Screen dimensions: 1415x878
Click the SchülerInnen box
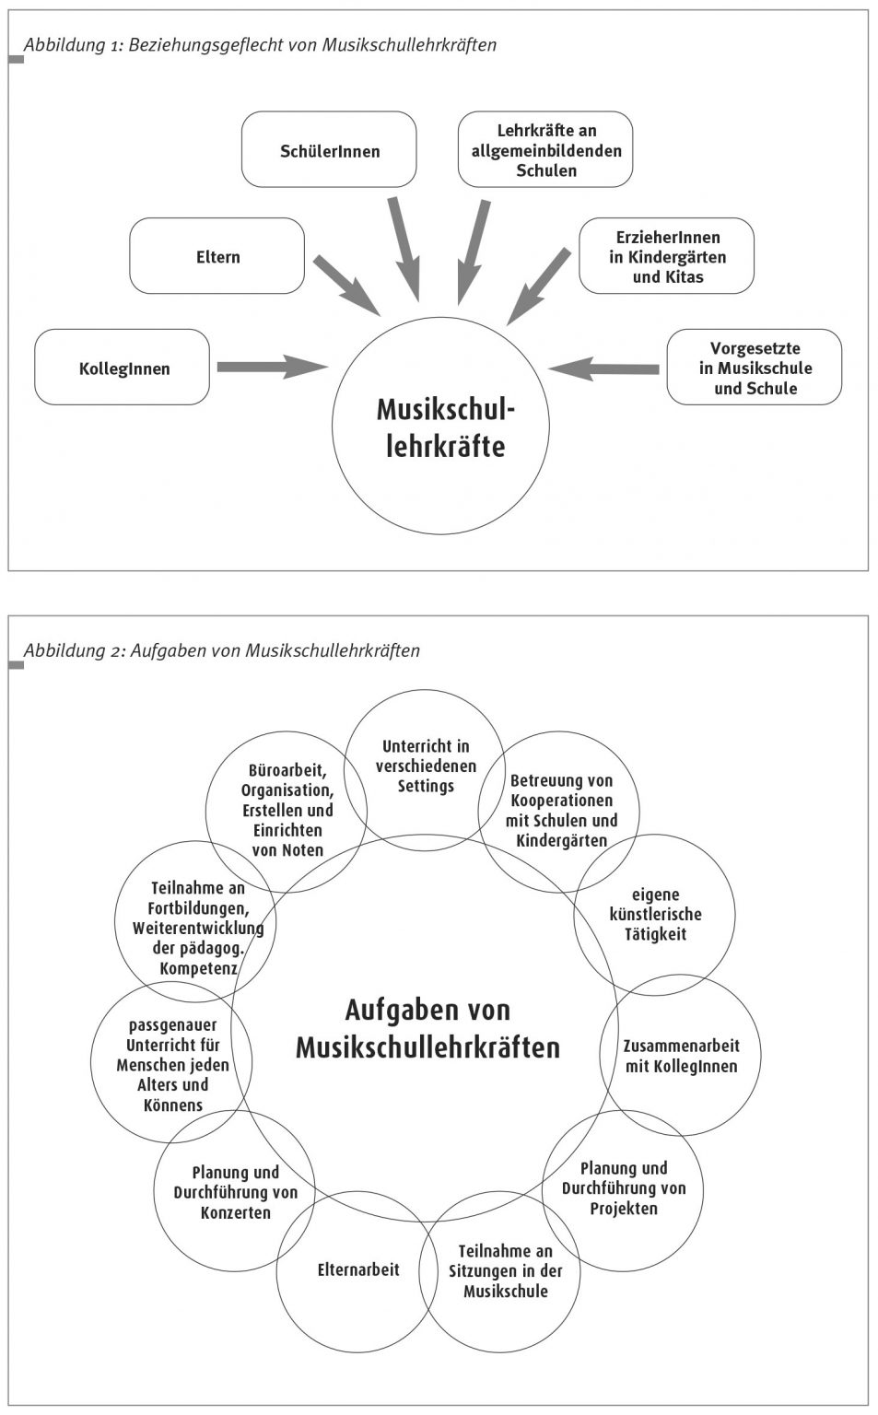329,150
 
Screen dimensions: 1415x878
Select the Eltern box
217,256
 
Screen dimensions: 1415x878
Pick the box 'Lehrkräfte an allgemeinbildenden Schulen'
545,150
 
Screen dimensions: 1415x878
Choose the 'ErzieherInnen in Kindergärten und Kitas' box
666,256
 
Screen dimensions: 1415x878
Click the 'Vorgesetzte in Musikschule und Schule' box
754,368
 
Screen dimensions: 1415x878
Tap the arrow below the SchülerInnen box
404,248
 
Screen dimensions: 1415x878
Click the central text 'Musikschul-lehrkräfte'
444,427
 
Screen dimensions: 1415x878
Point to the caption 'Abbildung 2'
222,650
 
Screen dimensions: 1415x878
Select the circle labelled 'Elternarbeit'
357,1270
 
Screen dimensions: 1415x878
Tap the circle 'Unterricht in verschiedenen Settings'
425,766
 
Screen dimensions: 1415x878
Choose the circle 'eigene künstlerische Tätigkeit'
654,915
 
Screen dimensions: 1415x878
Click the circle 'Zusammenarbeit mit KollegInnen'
681,1056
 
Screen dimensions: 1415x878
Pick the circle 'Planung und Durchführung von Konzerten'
235,1192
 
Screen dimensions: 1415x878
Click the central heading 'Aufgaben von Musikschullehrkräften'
427,1029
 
